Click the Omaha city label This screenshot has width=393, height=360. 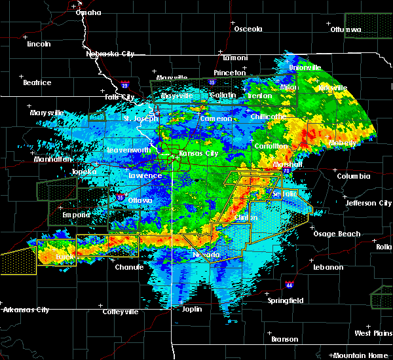coord(88,12)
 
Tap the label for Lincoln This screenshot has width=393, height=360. coord(39,44)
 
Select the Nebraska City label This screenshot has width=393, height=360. coord(110,54)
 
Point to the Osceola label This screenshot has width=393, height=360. coord(248,29)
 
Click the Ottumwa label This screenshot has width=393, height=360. coord(345,29)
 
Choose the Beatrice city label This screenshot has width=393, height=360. coord(37,82)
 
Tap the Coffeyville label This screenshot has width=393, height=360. coord(119,312)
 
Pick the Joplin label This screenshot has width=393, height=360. coord(191,308)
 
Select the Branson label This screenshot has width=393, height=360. coord(285,339)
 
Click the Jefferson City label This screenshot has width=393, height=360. coord(368,203)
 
